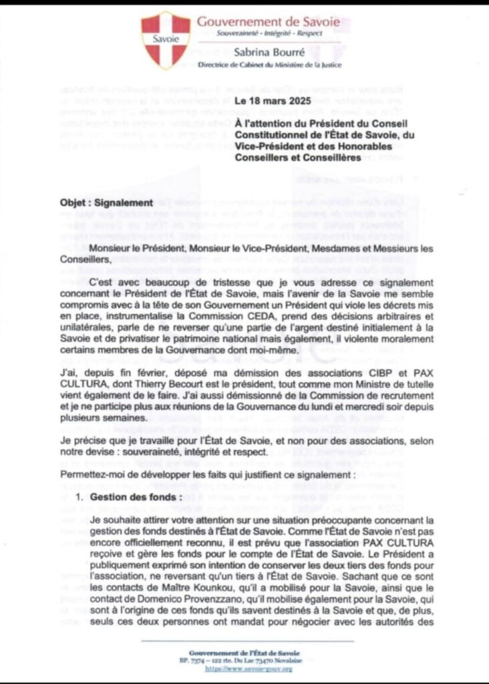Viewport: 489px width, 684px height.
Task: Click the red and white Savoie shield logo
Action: [x=165, y=40]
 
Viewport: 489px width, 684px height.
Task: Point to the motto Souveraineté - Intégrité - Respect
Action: [x=269, y=33]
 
